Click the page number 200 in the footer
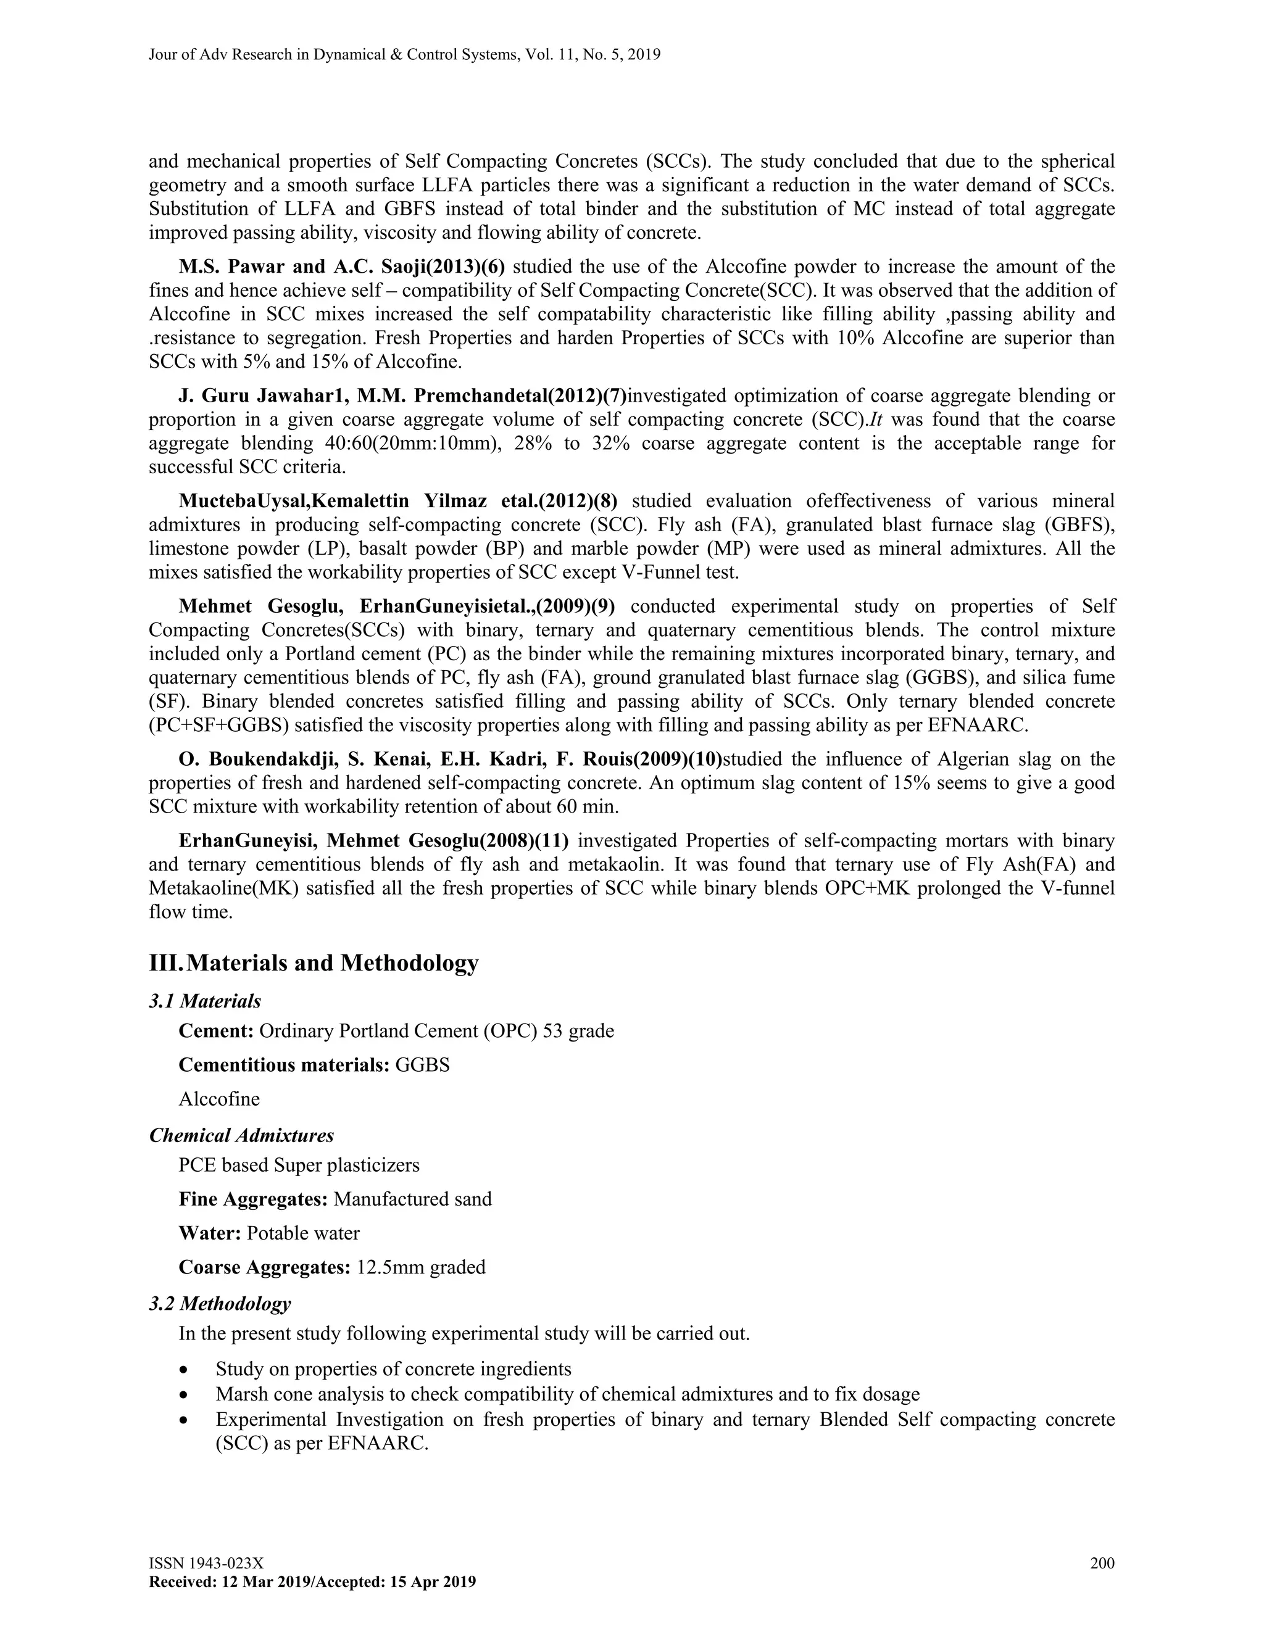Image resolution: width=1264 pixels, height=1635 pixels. click(x=1102, y=1563)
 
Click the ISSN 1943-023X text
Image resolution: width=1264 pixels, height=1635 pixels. click(x=206, y=1563)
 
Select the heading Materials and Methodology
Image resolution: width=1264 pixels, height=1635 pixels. click(x=331, y=962)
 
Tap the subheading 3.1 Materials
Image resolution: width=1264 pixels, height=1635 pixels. click(x=205, y=1001)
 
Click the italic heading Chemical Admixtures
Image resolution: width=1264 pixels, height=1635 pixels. click(x=241, y=1136)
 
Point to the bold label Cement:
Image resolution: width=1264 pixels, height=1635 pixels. click(x=217, y=1032)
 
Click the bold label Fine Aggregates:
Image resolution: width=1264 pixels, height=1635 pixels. click(x=253, y=1199)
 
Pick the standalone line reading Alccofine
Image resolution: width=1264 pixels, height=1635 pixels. click(x=219, y=1099)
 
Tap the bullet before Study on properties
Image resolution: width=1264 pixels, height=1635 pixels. click(x=184, y=1370)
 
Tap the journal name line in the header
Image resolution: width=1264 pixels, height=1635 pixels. click(x=404, y=55)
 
